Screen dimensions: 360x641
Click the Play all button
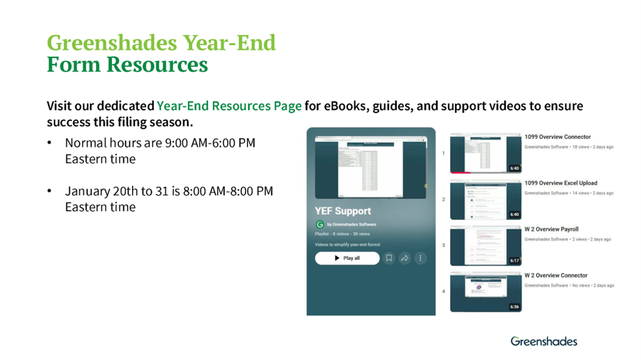click(347, 258)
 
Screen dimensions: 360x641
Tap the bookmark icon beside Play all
click(388, 258)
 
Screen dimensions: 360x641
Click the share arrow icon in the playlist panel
click(404, 258)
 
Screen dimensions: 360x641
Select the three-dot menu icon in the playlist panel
click(420, 258)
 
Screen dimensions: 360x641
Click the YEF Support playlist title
click(343, 211)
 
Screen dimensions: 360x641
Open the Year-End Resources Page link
click(229, 106)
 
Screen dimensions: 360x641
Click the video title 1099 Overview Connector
click(557, 137)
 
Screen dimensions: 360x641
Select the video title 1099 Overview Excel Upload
click(560, 183)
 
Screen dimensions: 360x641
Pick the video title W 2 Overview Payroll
click(551, 229)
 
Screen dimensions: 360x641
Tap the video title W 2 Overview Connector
click(556, 275)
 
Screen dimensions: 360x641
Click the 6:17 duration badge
click(514, 261)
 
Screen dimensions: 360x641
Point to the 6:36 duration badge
click(514, 307)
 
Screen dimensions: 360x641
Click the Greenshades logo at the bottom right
click(544, 341)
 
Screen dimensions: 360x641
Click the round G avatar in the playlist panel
click(320, 225)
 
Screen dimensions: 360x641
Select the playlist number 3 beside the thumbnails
click(443, 245)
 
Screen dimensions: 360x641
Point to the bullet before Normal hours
click(49, 143)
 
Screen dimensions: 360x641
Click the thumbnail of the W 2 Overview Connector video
click(485, 291)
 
